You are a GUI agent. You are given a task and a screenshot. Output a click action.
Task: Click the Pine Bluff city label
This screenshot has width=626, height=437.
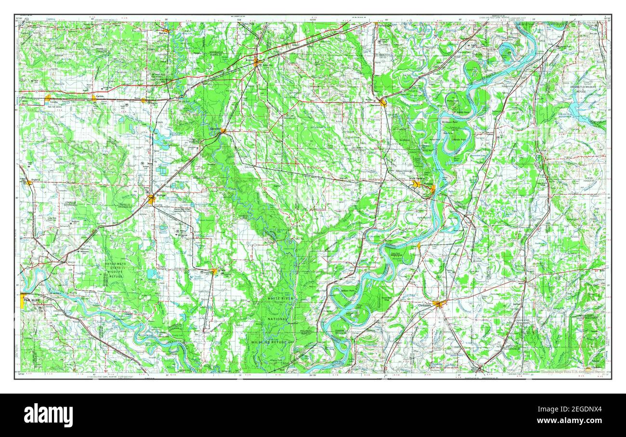32,300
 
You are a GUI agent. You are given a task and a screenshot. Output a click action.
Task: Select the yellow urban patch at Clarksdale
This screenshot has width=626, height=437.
438,303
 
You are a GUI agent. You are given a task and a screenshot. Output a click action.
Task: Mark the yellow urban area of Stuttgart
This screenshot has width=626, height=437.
152,199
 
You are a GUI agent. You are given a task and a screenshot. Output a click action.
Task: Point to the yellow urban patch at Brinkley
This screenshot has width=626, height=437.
257,62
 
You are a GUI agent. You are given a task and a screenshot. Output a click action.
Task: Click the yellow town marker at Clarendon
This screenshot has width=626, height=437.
222,130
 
